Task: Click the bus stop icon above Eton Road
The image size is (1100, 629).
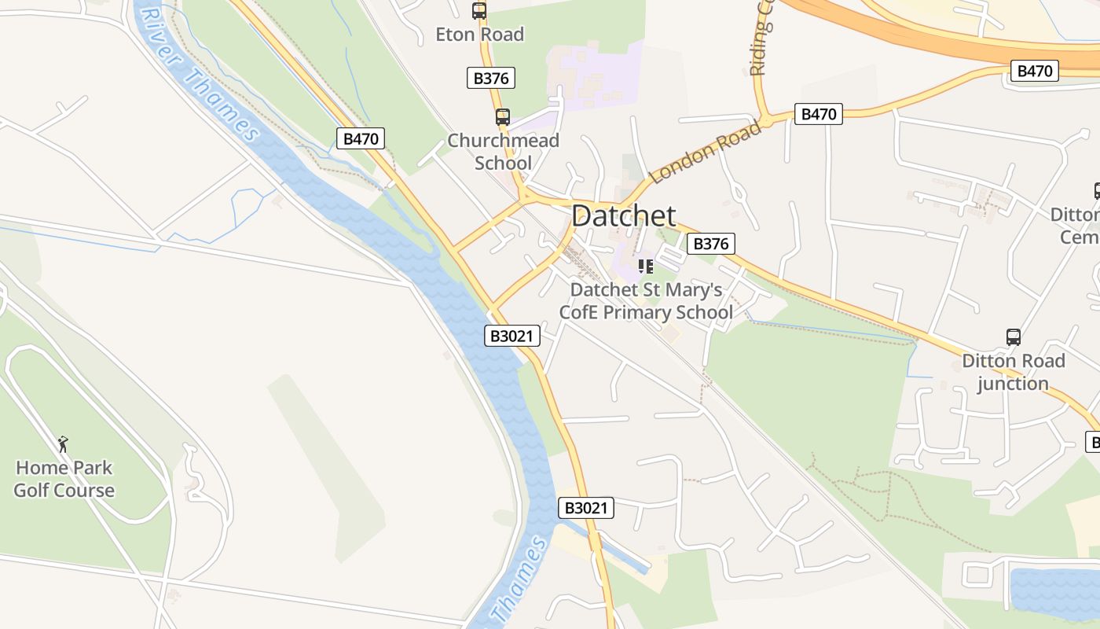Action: pos(479,11)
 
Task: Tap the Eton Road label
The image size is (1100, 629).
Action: pos(480,35)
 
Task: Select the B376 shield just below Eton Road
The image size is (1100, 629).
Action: pos(492,78)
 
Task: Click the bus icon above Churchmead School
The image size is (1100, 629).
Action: pos(503,117)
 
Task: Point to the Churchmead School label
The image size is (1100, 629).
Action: pos(503,152)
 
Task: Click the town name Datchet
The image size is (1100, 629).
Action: pos(624,215)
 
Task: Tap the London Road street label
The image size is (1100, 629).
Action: pos(706,152)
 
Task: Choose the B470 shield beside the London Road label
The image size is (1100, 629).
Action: pos(818,114)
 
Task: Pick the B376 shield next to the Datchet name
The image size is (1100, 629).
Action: pos(711,244)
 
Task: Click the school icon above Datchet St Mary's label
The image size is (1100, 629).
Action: pos(646,267)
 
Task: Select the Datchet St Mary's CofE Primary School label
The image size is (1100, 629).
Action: pos(646,301)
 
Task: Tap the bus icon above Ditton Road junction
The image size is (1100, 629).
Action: pos(1014,337)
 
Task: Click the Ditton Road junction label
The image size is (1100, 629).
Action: pos(1014,372)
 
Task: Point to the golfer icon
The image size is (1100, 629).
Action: pos(63,444)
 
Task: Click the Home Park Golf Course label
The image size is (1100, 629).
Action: pos(64,479)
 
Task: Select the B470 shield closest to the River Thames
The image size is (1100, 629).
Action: pos(361,139)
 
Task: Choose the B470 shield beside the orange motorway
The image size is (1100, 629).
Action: pos(1034,71)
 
